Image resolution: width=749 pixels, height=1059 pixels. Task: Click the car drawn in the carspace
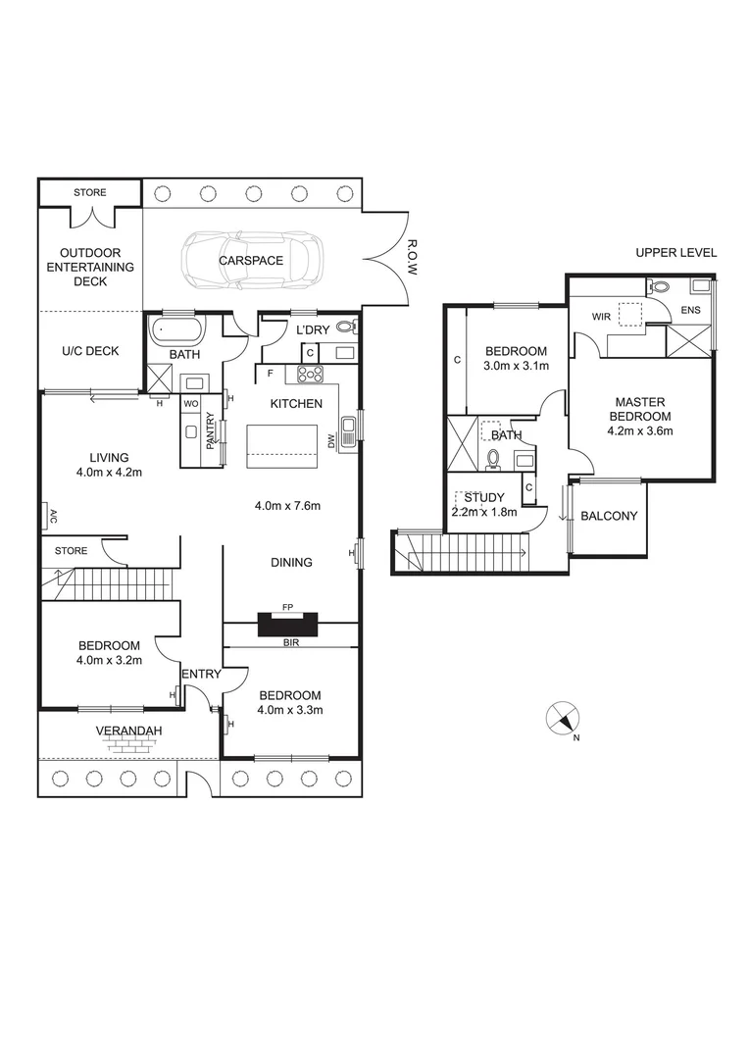point(252,260)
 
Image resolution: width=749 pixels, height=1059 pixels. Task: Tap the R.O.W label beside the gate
point(411,256)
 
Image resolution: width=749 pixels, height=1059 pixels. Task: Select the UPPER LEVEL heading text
point(675,253)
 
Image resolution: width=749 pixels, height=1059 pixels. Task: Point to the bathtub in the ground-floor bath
point(176,329)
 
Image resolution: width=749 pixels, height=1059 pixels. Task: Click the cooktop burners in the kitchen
point(311,373)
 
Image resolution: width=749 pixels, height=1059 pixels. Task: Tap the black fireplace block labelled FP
point(288,625)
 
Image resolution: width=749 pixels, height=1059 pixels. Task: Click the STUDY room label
point(484,498)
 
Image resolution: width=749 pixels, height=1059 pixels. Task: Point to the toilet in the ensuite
point(658,287)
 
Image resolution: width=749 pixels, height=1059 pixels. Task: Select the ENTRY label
point(200,675)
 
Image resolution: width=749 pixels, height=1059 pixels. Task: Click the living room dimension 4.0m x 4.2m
point(110,472)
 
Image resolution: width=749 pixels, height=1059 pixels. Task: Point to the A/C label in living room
point(45,515)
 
